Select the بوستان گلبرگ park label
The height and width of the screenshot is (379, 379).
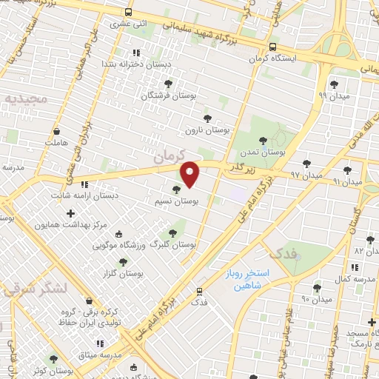(x=173, y=244)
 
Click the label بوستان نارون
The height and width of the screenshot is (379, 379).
(x=208, y=130)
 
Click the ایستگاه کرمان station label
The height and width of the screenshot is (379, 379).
(x=292, y=57)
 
